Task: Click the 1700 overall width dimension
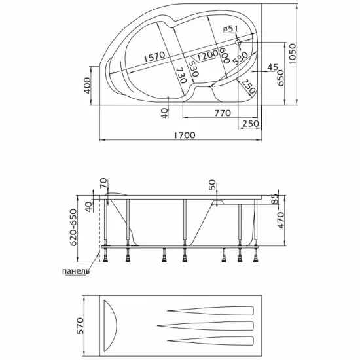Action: [184, 135]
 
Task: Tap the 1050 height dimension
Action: [293, 54]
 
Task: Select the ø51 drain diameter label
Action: [230, 29]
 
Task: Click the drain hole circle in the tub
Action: [238, 42]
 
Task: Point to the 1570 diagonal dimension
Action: [154, 56]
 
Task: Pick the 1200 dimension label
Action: [207, 55]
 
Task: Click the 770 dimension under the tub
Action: [223, 113]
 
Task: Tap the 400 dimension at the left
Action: [88, 85]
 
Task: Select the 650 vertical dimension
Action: [280, 78]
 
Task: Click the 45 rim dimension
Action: [273, 67]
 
